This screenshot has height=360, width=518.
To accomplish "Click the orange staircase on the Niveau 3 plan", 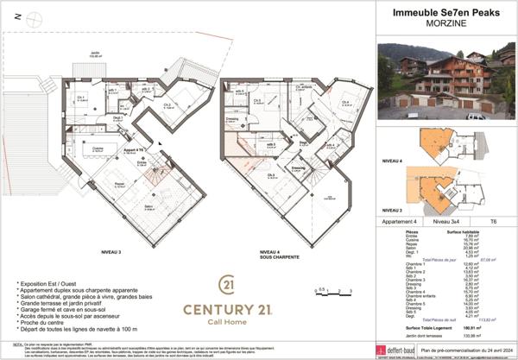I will click(153, 176).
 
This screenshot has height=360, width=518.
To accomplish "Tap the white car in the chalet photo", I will click(477, 116).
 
